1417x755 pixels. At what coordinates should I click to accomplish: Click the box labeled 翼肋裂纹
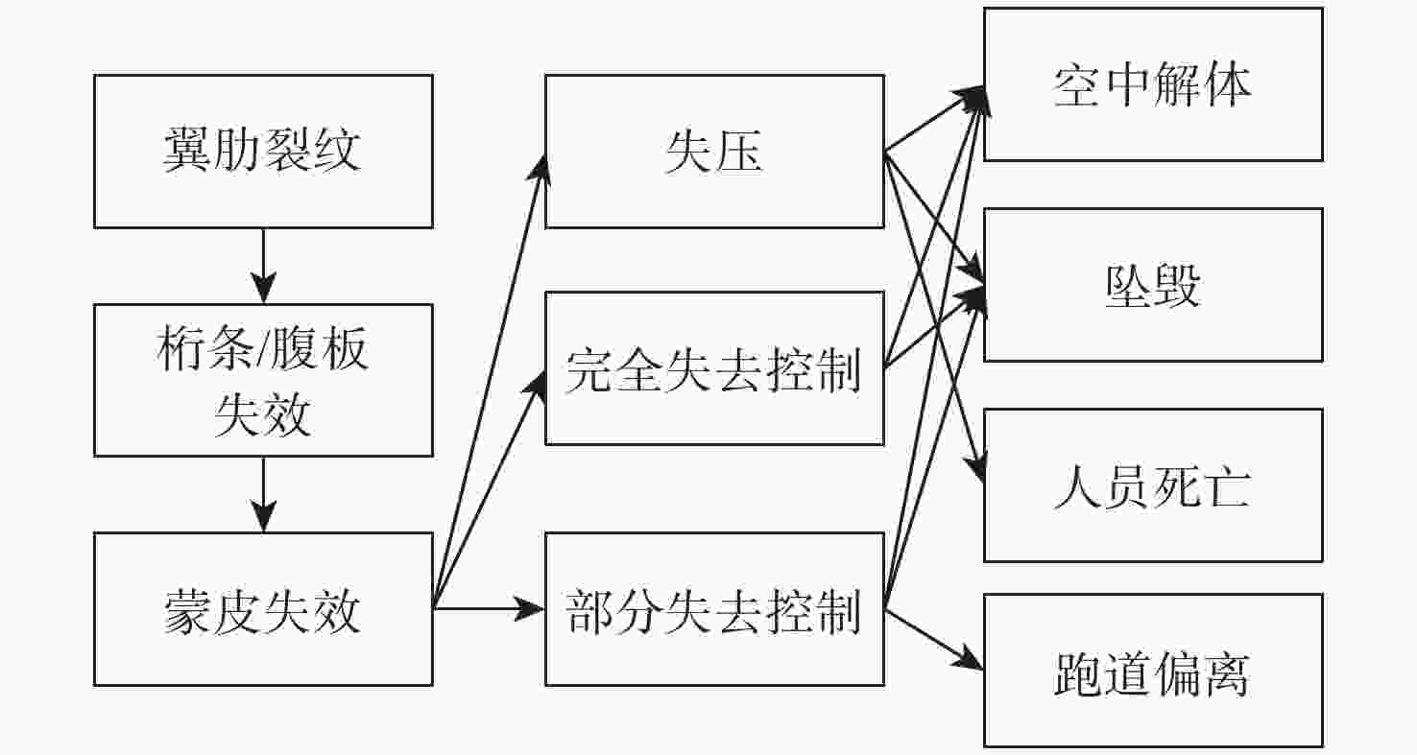click(262, 152)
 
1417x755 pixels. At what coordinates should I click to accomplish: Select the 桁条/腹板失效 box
click(262, 380)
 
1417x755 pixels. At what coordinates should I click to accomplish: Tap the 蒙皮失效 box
click(262, 609)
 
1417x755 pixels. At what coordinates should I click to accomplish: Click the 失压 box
click(714, 152)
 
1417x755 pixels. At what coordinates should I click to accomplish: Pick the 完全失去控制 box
click(714, 368)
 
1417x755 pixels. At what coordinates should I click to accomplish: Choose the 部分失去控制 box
click(714, 609)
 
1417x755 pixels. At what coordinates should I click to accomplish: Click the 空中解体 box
click(1153, 84)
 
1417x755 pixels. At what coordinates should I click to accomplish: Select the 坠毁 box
click(1153, 285)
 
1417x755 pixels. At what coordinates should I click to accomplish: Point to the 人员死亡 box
click(1153, 485)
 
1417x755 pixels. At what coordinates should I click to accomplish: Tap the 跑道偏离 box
click(1153, 671)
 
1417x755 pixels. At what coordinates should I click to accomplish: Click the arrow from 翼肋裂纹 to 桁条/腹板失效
click(262, 266)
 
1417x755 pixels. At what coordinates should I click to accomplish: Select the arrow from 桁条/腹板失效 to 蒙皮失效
click(262, 494)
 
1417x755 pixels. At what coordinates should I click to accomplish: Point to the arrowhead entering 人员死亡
click(976, 470)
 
